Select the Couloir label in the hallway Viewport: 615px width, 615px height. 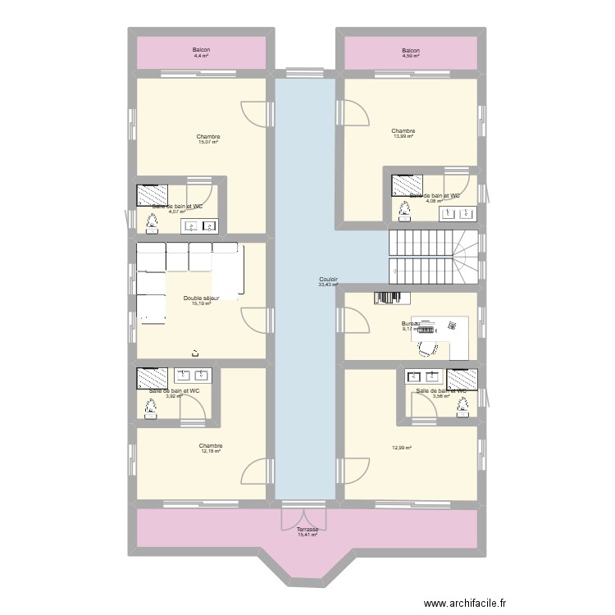click(328, 280)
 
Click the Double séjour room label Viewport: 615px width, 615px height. click(202, 298)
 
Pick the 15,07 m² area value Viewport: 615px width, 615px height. click(208, 142)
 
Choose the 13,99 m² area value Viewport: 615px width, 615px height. click(403, 136)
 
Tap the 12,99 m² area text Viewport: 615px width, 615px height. click(401, 447)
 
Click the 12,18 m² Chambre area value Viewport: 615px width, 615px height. click(211, 451)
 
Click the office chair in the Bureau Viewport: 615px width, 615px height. click(426, 348)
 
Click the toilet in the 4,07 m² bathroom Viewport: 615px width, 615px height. click(152, 221)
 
